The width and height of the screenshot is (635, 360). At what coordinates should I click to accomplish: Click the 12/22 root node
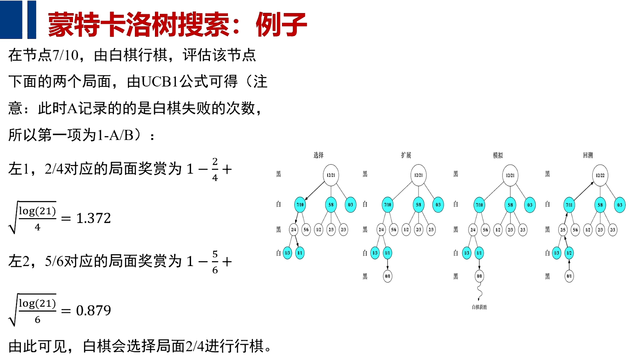tap(600, 175)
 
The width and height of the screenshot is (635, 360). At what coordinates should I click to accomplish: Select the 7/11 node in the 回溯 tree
tap(569, 205)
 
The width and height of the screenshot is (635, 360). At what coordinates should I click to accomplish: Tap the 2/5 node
tap(563, 230)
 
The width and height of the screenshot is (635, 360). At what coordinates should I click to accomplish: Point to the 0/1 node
tap(569, 276)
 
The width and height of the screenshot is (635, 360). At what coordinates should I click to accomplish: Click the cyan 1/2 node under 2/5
tap(569, 253)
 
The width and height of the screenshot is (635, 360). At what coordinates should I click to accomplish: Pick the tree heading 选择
tap(319, 155)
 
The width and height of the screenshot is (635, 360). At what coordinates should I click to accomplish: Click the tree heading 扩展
tap(406, 155)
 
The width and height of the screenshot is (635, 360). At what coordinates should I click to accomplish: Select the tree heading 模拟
tap(498, 155)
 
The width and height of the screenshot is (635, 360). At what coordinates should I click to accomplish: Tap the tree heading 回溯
tap(588, 155)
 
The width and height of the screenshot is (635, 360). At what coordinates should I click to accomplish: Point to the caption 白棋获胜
tap(479, 307)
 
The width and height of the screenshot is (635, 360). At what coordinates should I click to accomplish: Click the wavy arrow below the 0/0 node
tap(479, 292)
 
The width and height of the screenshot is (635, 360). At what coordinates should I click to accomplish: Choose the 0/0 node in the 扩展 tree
tap(387, 276)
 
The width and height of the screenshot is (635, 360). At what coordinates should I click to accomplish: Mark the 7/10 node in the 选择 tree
tap(300, 205)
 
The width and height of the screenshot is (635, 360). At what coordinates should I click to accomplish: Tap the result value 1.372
tap(93, 218)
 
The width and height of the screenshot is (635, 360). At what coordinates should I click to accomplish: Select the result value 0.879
tap(93, 310)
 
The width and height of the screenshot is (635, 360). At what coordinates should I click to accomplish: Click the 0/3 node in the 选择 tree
tap(351, 205)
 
